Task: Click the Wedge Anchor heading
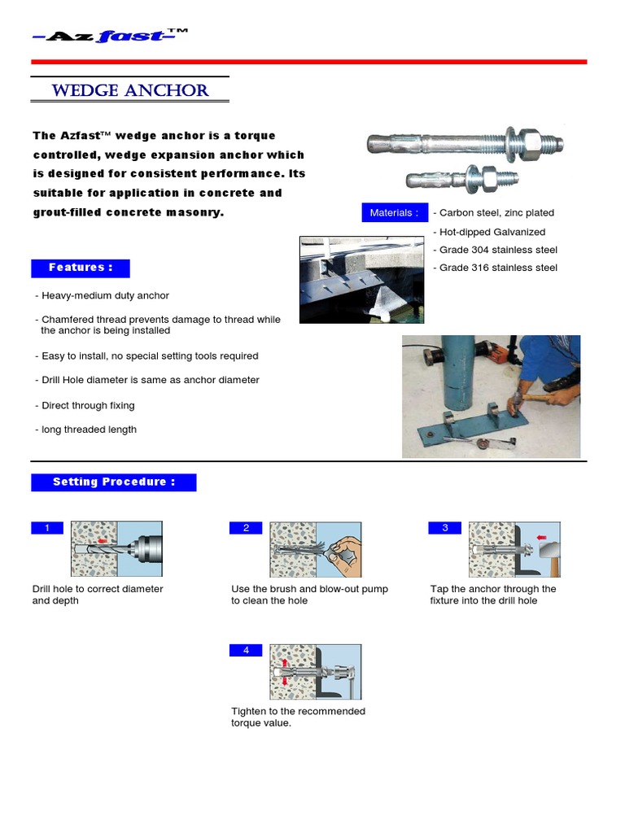130,90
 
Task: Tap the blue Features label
81,268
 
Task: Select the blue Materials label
394,213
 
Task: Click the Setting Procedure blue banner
114,482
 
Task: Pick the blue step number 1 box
47,528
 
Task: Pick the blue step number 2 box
246,528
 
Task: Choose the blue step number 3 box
445,528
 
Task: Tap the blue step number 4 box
246,650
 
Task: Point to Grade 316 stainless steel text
497,268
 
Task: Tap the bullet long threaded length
89,430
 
